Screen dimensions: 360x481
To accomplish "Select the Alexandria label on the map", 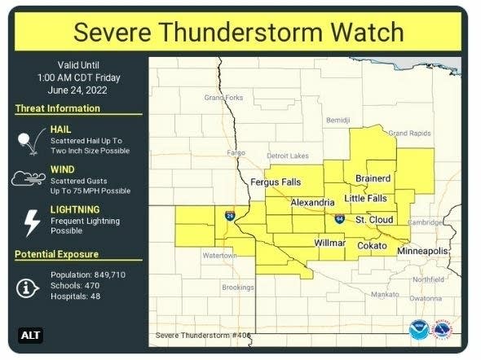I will [308, 202].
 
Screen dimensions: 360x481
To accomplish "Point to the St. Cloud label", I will [374, 220].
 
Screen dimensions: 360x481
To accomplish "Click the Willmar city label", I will [330, 244].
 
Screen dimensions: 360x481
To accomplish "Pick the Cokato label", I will [372, 244].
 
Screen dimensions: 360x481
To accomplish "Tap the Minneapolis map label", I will [422, 252].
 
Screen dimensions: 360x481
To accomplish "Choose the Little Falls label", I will [366, 198].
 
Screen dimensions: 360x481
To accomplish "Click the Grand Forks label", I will [223, 98].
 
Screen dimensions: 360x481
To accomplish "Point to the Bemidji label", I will [338, 120].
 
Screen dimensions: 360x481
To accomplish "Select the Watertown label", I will [219, 255].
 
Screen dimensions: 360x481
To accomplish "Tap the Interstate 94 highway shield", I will [338, 218].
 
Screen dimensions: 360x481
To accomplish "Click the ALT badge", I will [30, 335].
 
